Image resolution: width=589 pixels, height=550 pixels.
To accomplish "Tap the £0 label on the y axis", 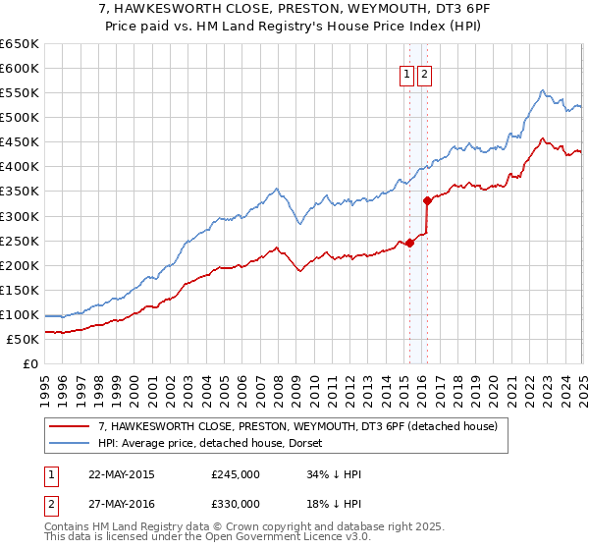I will pos(30,363).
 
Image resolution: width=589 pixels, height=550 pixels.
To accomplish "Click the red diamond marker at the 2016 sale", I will pos(427,200).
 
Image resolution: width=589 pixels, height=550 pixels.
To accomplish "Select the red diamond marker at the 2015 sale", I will pos(409,243).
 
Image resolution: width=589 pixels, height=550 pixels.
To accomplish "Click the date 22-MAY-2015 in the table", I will pos(121,474).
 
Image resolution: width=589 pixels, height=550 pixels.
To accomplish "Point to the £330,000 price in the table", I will pos(236,504).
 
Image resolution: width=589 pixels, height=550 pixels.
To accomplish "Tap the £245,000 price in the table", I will pos(236,474).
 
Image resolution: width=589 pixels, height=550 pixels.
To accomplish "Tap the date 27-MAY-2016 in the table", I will pos(121,504).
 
